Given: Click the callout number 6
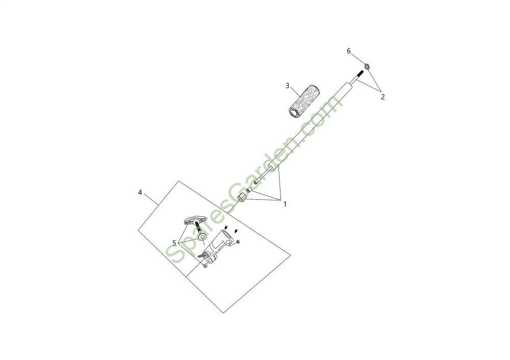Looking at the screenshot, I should [x=349, y=51].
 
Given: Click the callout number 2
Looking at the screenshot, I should [x=382, y=97].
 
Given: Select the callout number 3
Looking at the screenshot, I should [x=288, y=85].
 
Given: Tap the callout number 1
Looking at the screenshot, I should [x=285, y=204].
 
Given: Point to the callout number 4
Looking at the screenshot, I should [x=140, y=192].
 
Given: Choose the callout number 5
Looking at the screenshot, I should [x=174, y=242].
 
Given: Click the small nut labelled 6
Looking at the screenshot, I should [x=367, y=67].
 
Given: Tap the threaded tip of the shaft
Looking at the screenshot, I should [x=359, y=76].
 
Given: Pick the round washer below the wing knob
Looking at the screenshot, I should [x=202, y=237].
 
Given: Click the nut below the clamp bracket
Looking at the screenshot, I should [x=205, y=264].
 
